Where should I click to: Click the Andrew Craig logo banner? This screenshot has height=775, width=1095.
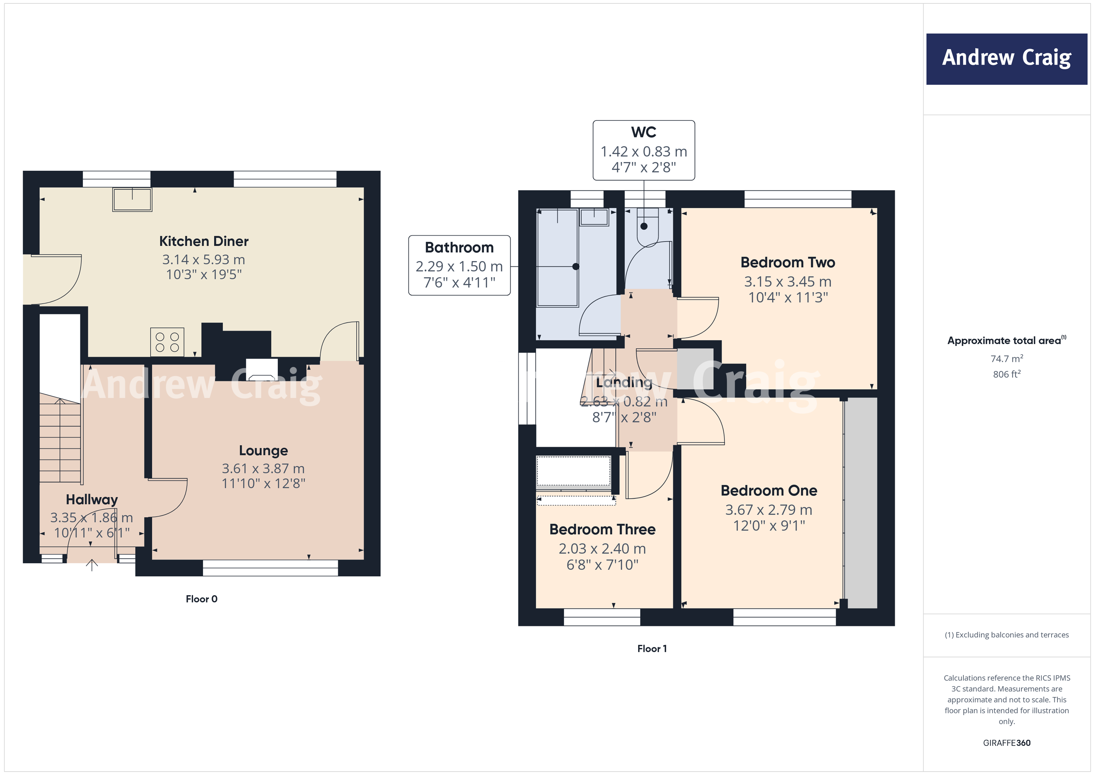[1006, 59]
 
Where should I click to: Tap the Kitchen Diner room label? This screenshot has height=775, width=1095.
[204, 241]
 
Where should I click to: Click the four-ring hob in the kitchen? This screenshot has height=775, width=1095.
[167, 342]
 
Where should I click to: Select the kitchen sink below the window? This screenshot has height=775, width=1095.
[132, 199]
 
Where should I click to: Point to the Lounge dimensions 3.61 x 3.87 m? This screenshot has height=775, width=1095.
[263, 469]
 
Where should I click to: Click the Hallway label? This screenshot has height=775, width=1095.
[92, 500]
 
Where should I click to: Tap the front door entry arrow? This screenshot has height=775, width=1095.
[92, 565]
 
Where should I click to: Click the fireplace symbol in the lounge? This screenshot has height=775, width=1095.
[261, 369]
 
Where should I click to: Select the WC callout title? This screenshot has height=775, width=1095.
[643, 132]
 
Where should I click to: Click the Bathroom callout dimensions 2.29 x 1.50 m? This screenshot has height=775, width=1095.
[459, 266]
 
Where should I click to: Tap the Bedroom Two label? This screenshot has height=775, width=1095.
[787, 262]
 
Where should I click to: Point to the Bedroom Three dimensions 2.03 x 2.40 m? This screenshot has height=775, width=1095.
[602, 549]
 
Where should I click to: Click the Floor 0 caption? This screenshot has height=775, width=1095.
[201, 599]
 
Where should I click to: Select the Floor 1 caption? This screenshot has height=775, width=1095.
[651, 648]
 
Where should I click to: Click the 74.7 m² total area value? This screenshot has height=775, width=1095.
[1006, 358]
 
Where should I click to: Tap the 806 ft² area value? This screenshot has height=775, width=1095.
[1006, 374]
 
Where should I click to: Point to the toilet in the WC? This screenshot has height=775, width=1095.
[647, 229]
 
